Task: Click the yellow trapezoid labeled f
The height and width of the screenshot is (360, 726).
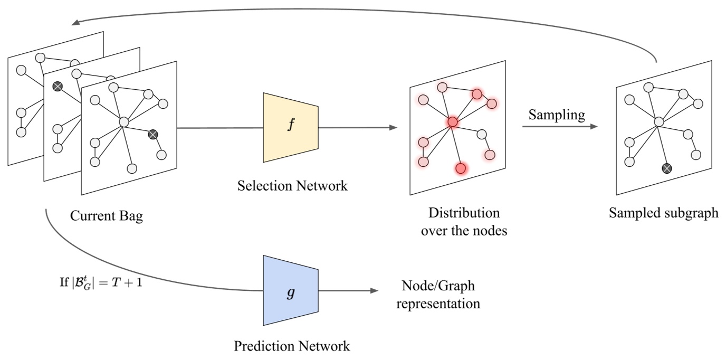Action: point(291,127)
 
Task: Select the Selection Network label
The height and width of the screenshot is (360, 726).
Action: point(292,186)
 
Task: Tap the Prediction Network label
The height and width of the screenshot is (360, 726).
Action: point(292,346)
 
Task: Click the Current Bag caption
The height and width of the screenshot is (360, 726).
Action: point(107,216)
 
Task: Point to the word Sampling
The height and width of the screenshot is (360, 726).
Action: point(557,115)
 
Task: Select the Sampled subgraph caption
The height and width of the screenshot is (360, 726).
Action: point(663,213)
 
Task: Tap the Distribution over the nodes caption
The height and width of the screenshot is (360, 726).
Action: point(464,222)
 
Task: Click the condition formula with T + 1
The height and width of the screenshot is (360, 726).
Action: point(101,282)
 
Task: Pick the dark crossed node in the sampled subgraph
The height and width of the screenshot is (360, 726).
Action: point(667,168)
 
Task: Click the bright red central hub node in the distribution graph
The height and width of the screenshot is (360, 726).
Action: point(452,122)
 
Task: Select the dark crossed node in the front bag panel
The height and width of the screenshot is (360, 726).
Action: point(153,135)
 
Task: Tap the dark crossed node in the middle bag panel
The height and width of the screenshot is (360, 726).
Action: point(58,87)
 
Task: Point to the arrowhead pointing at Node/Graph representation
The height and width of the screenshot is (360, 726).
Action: point(375,291)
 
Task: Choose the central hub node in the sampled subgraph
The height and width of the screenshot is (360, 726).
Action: point(658,122)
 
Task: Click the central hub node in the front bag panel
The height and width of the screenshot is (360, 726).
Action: point(124,122)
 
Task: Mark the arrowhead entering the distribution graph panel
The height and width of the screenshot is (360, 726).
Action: point(393,128)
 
